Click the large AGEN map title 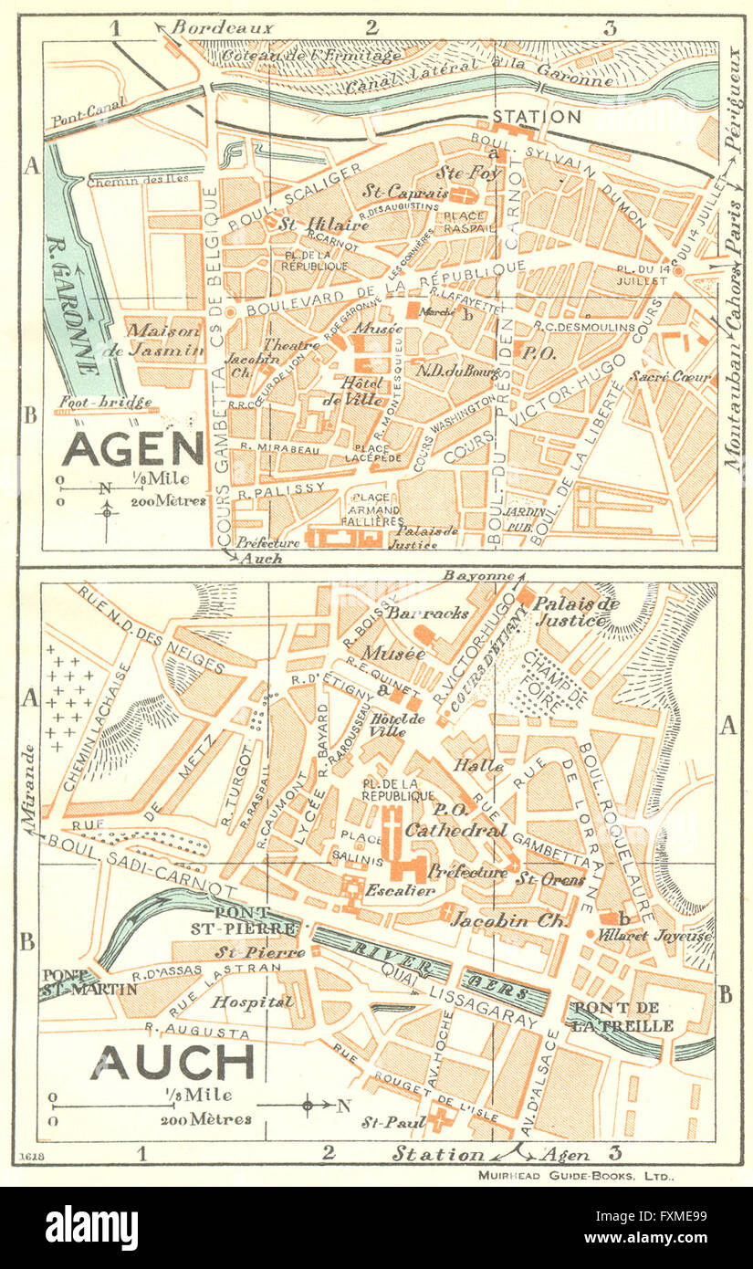coord(132,448)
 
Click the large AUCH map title coord(173,1062)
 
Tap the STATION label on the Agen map coord(536,117)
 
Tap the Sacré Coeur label coord(676,376)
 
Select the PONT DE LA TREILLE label coord(623,1017)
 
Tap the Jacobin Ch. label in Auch coord(502,920)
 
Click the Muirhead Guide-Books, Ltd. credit coord(576,1176)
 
